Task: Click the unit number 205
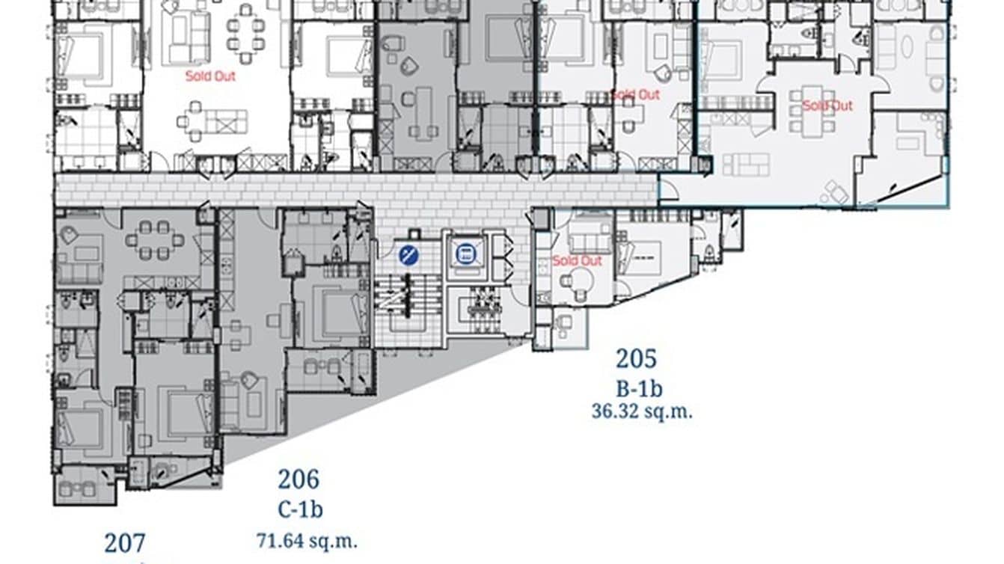pyautogui.click(x=636, y=359)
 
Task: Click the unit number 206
pyautogui.click(x=299, y=479)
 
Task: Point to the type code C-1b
pyautogui.click(x=300, y=510)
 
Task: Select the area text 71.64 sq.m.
pyautogui.click(x=306, y=539)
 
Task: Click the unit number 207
pyautogui.click(x=125, y=543)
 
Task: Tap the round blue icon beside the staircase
pyautogui.click(x=408, y=255)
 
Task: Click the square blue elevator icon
pyautogui.click(x=465, y=254)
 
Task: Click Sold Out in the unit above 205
pyautogui.click(x=577, y=260)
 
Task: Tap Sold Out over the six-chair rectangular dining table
pyautogui.click(x=827, y=105)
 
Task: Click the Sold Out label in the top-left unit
pyautogui.click(x=210, y=76)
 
